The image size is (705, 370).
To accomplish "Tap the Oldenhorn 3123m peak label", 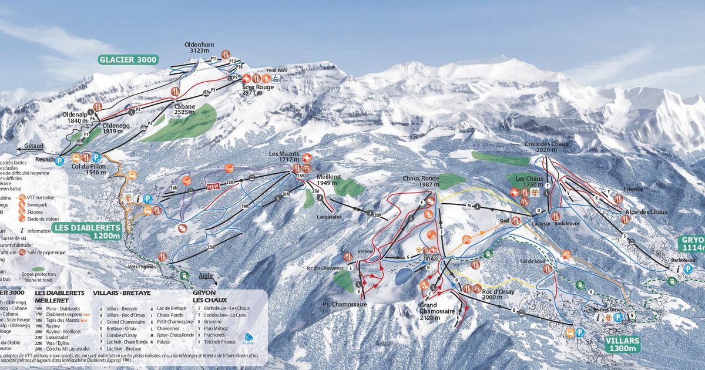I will click(200, 47).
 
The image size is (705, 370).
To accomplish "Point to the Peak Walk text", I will click(276, 70).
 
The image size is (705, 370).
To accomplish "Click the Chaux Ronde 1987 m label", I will click(421, 181).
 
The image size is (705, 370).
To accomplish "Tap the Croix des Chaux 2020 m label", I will click(546, 147).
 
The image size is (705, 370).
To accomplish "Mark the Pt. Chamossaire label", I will click(345, 304).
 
